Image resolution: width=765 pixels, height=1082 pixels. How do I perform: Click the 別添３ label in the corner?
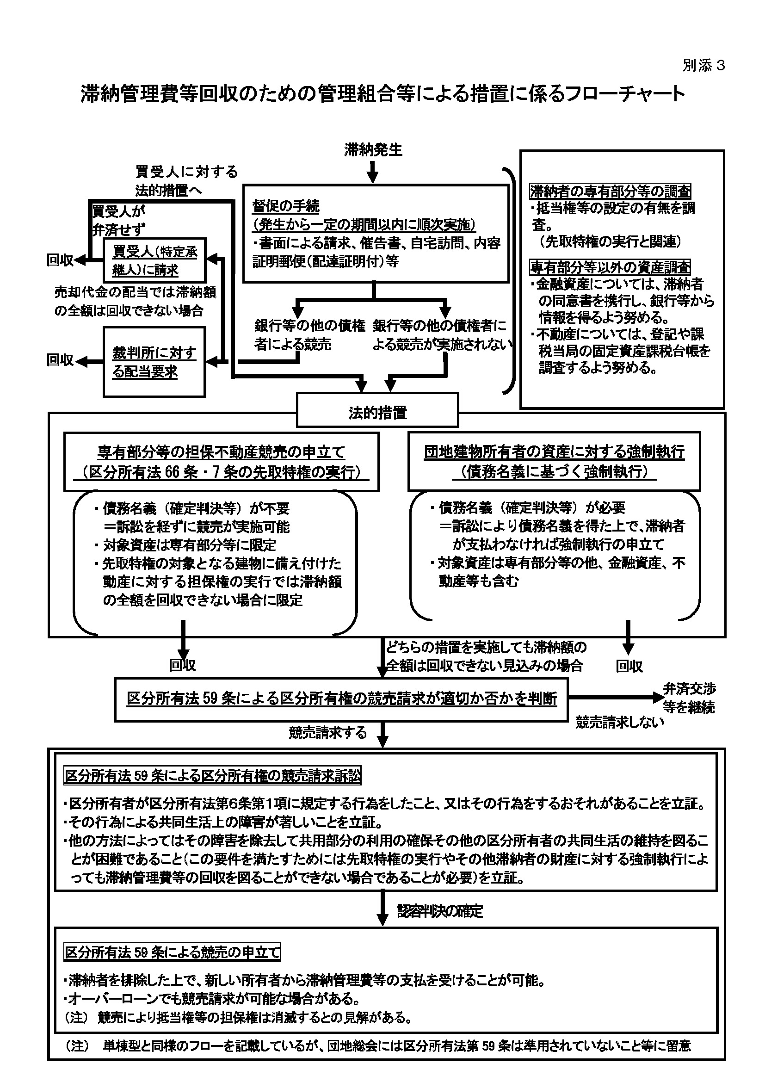(703, 66)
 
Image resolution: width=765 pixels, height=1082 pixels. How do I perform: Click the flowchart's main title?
(382, 94)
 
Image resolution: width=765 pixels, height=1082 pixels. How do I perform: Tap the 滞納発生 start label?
(373, 150)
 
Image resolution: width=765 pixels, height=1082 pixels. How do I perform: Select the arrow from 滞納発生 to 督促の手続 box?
(373, 172)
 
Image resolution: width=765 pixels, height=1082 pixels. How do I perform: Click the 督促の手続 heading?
(286, 206)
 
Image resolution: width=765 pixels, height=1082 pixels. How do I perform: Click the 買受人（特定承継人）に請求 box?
(154, 260)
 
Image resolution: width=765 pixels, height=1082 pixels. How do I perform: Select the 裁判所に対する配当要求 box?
(154, 362)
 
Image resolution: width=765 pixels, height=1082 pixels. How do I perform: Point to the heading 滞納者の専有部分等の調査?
(611, 192)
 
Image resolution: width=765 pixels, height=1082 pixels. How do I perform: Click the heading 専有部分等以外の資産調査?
(610, 267)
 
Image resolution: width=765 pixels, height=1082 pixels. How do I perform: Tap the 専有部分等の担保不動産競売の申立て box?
(222, 462)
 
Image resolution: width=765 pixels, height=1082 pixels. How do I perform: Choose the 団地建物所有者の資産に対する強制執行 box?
(554, 461)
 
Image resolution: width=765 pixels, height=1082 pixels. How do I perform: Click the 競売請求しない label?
(620, 722)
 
